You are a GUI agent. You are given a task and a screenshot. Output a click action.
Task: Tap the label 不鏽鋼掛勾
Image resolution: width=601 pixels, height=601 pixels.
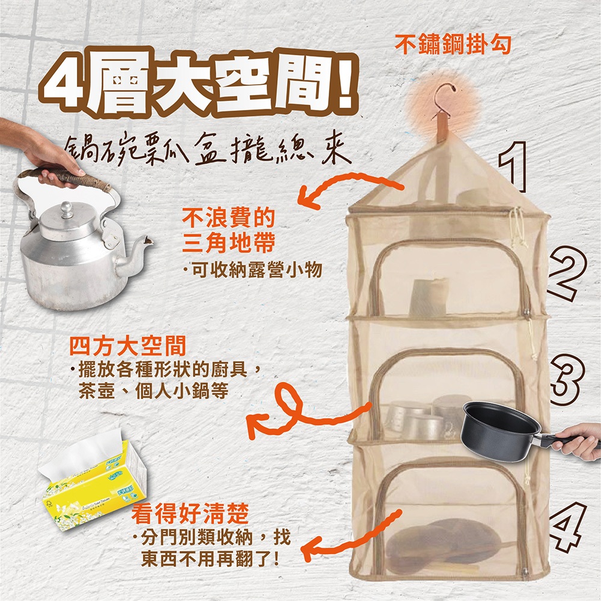pyautogui.click(x=453, y=44)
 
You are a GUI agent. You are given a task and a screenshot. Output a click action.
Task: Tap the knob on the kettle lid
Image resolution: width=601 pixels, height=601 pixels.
pyautogui.click(x=67, y=210)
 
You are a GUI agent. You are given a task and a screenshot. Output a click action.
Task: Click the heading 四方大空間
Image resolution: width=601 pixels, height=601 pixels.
pyautogui.click(x=127, y=346)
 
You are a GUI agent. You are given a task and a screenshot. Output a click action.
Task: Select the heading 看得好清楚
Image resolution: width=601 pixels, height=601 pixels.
pyautogui.click(x=191, y=513)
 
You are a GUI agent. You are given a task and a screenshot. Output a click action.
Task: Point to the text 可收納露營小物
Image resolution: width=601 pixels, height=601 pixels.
pyautogui.click(x=257, y=270)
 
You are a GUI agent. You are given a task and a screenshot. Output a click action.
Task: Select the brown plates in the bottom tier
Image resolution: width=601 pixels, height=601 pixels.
pyautogui.click(x=444, y=541)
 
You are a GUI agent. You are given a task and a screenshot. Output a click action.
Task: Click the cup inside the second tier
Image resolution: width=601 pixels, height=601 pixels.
pyautogui.click(x=429, y=296)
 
